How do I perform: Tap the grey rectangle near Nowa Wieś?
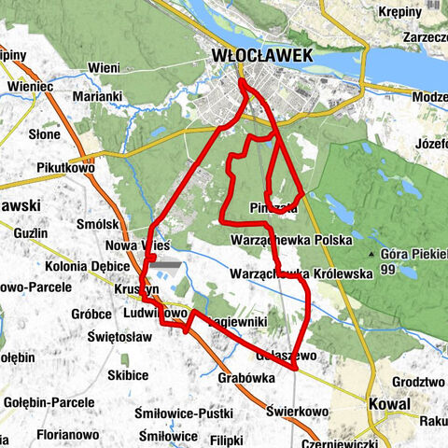[x=165, y=264]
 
